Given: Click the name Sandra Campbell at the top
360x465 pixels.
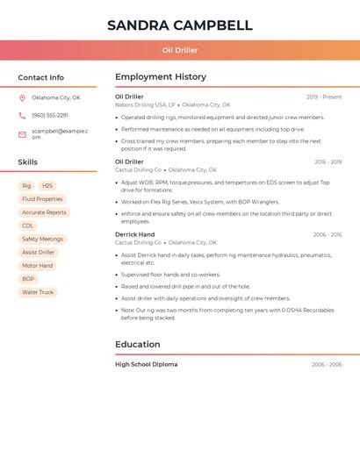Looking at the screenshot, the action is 180,25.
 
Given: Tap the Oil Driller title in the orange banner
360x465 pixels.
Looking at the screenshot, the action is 180,51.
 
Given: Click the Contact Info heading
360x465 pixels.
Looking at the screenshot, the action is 40,77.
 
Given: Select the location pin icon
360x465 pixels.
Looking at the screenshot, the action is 22,97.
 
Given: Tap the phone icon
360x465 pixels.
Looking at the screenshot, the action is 22,115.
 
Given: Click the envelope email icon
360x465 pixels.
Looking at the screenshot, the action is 22,134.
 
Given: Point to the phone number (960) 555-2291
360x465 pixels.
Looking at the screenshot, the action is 50,115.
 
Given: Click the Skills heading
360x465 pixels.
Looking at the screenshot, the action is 28,162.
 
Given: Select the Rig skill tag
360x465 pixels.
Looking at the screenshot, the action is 26,186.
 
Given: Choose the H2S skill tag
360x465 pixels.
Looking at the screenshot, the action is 47,186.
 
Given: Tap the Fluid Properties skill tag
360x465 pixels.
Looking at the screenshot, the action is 42,199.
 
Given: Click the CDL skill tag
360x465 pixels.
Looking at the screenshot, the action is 28,225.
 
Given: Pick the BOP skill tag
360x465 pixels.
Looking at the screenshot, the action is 28,279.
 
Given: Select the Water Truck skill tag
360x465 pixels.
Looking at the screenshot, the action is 38,292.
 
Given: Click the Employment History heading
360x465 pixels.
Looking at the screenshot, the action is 161,77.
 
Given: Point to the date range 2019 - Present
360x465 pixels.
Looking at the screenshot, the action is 324,97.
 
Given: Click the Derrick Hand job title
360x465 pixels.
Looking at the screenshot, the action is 134,234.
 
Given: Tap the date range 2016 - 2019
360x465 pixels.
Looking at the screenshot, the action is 328,162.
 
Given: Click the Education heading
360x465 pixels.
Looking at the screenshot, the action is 138,345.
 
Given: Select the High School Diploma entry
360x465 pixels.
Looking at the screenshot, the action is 146,364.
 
